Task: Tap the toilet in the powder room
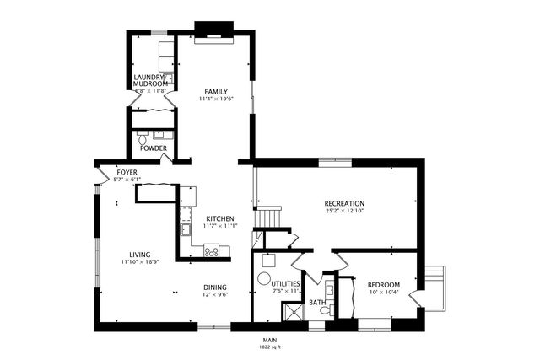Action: click(x=143, y=135)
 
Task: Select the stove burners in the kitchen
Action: click(x=212, y=250)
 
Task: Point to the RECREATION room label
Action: click(x=344, y=203)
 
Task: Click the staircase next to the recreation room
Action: click(x=270, y=218)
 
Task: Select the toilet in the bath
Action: click(x=325, y=311)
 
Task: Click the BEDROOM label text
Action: click(x=383, y=284)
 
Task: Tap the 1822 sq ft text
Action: click(x=269, y=347)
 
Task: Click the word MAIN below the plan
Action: click(x=269, y=340)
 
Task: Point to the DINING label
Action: click(x=214, y=287)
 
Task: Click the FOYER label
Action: click(x=127, y=172)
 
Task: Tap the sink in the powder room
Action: click(x=161, y=134)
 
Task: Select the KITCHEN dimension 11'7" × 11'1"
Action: click(x=220, y=226)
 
